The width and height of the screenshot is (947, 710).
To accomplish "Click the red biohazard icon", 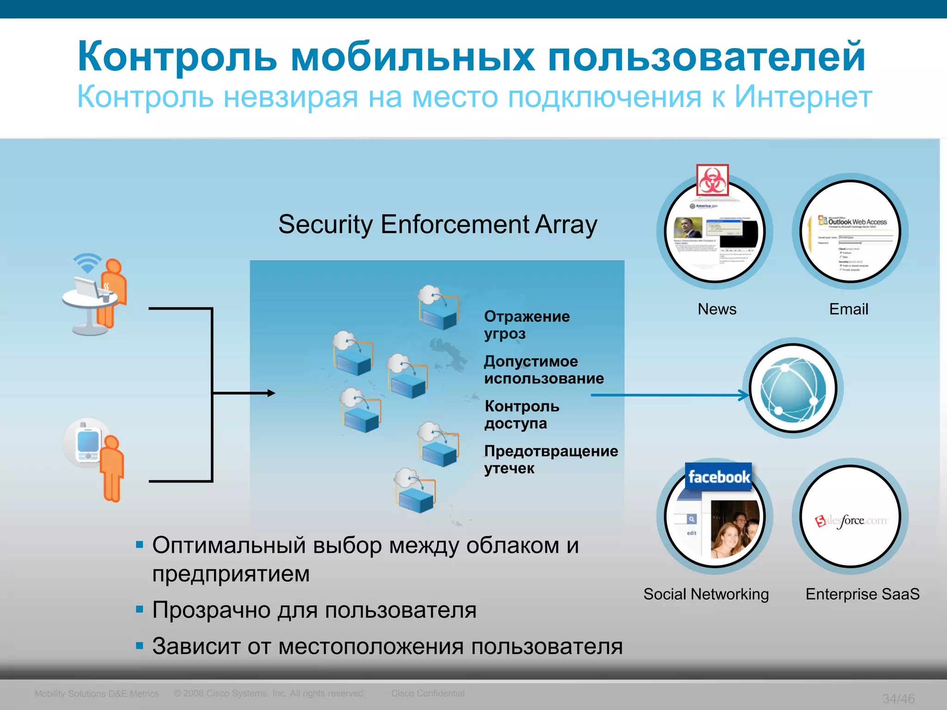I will tap(713, 180).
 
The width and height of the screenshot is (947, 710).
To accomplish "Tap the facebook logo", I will tap(718, 477).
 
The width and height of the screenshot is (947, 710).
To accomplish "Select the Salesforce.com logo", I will tap(851, 521).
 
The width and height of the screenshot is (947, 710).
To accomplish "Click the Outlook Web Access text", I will tap(857, 222).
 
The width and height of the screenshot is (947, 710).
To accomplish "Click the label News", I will tap(717, 309).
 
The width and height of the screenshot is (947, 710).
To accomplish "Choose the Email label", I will tap(849, 309).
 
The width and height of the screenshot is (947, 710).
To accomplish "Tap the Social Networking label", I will tap(706, 594).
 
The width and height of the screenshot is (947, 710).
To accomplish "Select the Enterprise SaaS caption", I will tap(862, 594).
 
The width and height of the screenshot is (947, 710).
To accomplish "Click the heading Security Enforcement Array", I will tap(437, 225).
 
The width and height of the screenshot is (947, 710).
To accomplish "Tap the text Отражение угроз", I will tap(527, 325).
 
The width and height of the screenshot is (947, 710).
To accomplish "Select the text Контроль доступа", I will tap(522, 415).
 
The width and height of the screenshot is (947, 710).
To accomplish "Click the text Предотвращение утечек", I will tap(551, 459).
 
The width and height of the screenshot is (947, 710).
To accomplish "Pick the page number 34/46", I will tap(898, 698).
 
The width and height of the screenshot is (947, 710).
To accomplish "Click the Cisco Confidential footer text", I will tap(428, 693).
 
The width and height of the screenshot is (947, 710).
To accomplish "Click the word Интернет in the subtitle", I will tap(803, 97).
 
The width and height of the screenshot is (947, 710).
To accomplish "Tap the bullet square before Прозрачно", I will tap(140, 609).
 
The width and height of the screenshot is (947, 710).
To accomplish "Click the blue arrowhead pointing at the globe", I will tap(744, 395).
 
